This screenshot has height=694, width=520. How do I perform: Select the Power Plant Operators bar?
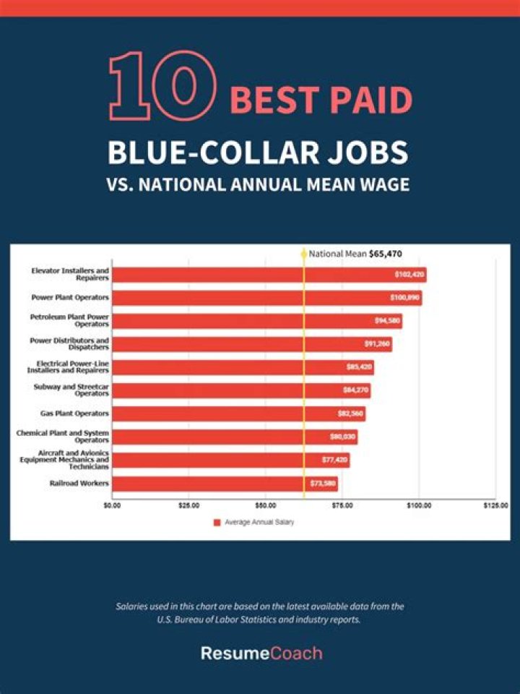267,298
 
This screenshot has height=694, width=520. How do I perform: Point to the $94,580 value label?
386,321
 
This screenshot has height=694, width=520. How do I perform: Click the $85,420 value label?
358,367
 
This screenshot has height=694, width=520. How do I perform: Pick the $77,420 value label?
334,460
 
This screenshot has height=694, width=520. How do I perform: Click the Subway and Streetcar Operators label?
71,390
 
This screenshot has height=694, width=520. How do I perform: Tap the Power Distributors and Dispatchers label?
69,344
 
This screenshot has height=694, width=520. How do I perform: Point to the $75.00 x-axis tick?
342,505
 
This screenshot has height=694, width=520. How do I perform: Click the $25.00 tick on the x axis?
189,505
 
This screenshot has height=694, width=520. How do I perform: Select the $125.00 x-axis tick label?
495,505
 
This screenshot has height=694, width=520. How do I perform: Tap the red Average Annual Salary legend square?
217,522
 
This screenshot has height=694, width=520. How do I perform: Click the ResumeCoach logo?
261,654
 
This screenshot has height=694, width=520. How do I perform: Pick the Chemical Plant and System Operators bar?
235,437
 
